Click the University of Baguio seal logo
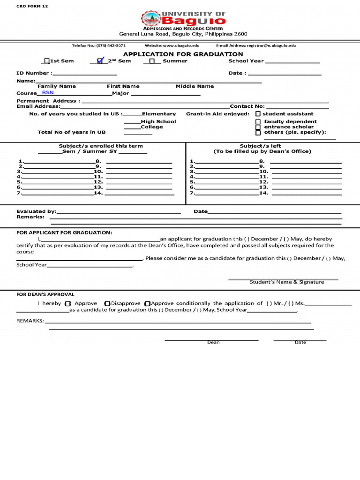coord(150,19)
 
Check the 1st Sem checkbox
coord(46,61)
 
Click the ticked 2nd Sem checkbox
coord(99,61)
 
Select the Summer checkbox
coord(152,61)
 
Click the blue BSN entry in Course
coord(48,93)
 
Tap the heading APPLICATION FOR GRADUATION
coord(183,54)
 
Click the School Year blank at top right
coord(292,61)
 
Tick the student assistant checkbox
coord(258,114)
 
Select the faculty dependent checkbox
coord(258,122)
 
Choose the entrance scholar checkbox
coord(258,127)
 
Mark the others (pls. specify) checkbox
coord(258,133)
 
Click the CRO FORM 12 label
coord(32,6)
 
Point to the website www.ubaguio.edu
coord(172,45)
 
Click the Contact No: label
coord(247,106)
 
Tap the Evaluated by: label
coord(36,211)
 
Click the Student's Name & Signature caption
coord(286,282)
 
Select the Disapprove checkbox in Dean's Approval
coord(107,304)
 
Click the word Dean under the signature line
coord(213,342)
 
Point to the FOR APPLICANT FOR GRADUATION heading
coord(64,232)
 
